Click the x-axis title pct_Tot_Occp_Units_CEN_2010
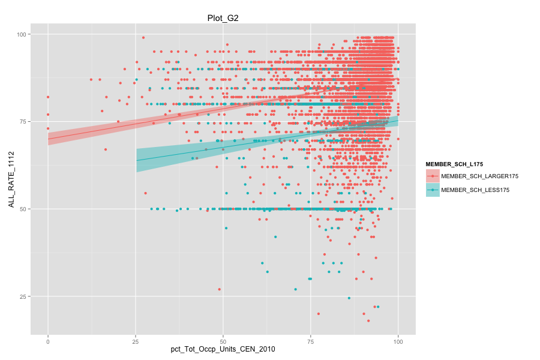(x=223, y=349)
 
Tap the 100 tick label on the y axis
(x=22, y=34)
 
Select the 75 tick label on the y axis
(x=23, y=122)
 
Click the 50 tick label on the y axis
(x=23, y=209)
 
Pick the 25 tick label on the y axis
(x=23, y=296)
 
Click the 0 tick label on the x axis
(x=48, y=341)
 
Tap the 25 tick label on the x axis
(x=136, y=341)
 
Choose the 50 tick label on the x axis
(x=223, y=341)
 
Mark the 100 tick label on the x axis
(x=398, y=341)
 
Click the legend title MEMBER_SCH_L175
(x=454, y=164)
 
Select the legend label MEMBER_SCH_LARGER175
(x=479, y=176)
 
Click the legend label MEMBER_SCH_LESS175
(x=475, y=190)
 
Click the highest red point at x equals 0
(x=48, y=97)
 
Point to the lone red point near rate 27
(x=220, y=289)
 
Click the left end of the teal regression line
(x=137, y=160)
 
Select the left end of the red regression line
(x=48, y=139)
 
